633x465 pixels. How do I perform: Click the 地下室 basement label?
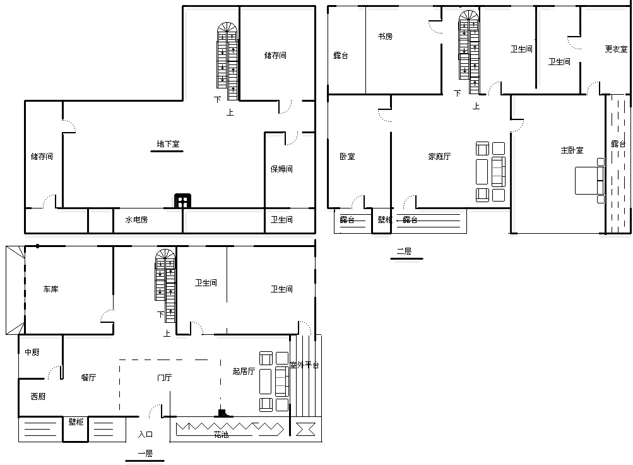168,144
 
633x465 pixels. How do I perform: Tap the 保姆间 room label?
281,169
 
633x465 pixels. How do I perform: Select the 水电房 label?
136,220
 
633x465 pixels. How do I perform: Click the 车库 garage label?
51,289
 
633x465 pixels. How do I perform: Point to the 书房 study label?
385,37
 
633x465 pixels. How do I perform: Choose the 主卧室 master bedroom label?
572,150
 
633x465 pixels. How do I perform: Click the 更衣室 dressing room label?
616,49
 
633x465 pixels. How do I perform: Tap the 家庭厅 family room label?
439,156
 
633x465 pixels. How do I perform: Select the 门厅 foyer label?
164,377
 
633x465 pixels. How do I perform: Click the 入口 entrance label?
145,434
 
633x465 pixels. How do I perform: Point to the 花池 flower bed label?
222,435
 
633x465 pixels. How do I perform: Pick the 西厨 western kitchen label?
38,396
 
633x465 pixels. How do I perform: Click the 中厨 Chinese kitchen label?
32,353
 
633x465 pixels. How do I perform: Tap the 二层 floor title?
404,251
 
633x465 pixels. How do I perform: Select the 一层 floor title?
145,453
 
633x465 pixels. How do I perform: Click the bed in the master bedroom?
590,180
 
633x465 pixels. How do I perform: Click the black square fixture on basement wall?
182,201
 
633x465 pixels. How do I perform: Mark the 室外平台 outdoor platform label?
304,365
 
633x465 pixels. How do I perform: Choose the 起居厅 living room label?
244,371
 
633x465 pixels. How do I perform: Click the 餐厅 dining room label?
88,377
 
